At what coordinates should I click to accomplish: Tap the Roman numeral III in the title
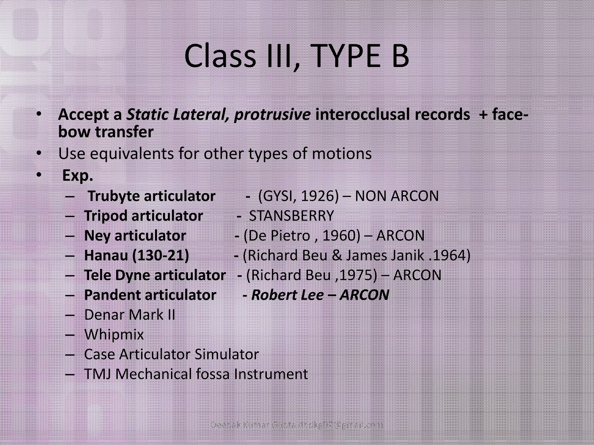point(280,56)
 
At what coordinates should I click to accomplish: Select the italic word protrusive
point(272,115)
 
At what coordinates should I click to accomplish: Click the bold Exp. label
point(77,175)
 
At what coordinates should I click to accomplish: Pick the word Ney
point(97,236)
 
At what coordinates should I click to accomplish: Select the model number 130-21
point(160,255)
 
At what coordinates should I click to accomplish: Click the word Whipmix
point(114,335)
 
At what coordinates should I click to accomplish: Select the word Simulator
point(227,354)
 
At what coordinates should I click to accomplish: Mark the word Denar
point(104,315)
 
